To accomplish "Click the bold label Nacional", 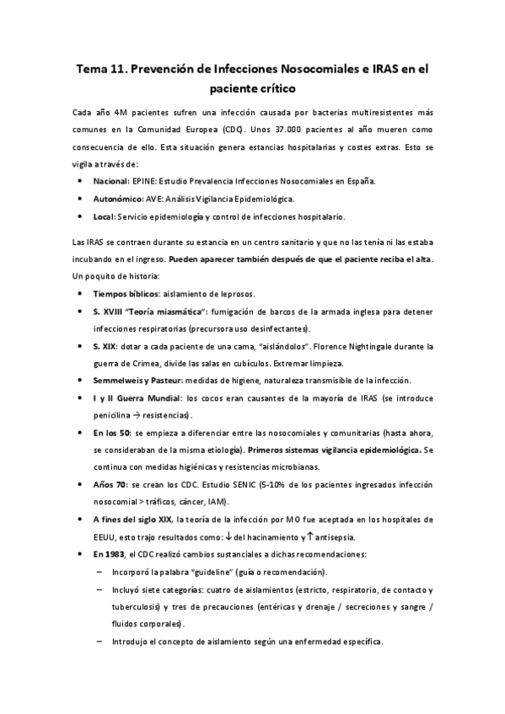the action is pos(111,181).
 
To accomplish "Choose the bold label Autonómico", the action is pos(119,199).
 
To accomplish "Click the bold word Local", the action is pos(105,216).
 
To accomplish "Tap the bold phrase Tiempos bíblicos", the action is pos(128,294).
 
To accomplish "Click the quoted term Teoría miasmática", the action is pos(168,312).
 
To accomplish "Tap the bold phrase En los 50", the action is pos(111,433).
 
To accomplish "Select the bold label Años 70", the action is pos(110,485).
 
